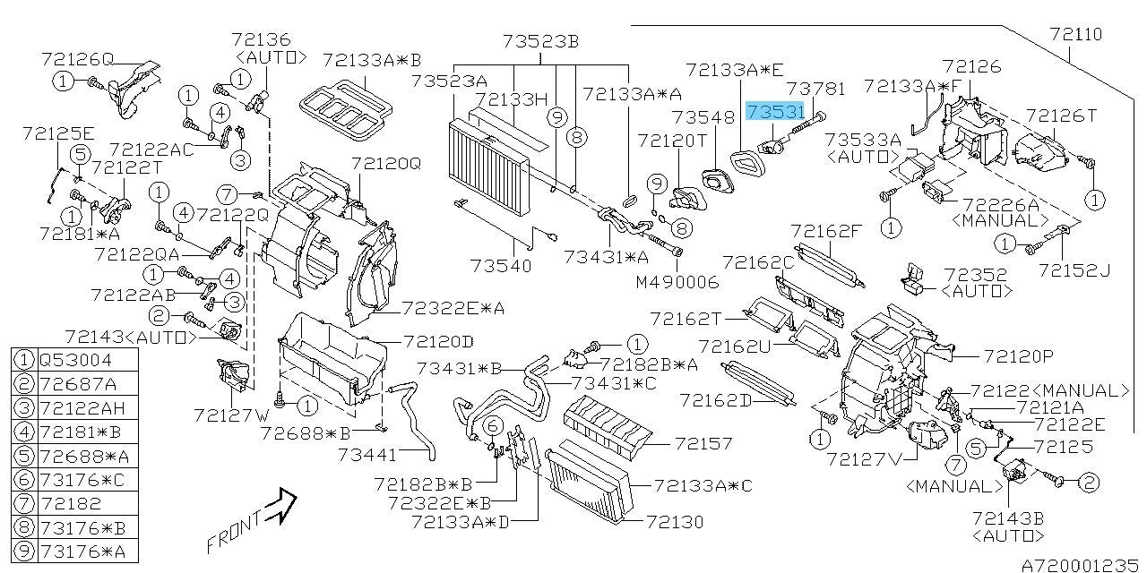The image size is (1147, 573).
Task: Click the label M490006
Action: [x=677, y=281]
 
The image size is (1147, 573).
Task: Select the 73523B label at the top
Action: [x=540, y=41]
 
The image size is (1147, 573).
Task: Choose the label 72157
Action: [x=703, y=443]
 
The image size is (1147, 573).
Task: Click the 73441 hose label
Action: [x=367, y=456]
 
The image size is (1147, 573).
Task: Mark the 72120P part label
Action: [x=1018, y=356]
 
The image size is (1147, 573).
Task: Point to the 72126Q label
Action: [x=77, y=59]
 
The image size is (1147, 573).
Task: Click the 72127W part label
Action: [x=231, y=415]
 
